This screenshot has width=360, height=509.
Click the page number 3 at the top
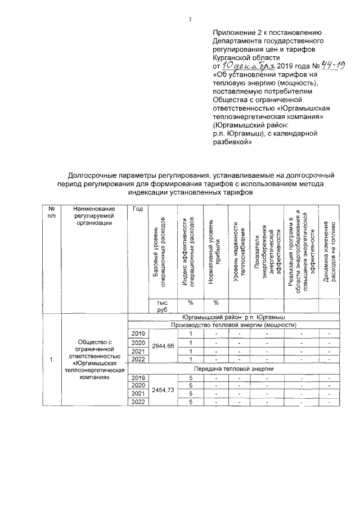click(x=190, y=20)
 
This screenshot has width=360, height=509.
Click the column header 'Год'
click(x=137, y=209)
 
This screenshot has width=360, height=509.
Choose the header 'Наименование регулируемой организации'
click(x=94, y=215)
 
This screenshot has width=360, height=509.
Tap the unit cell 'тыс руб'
click(x=162, y=305)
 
